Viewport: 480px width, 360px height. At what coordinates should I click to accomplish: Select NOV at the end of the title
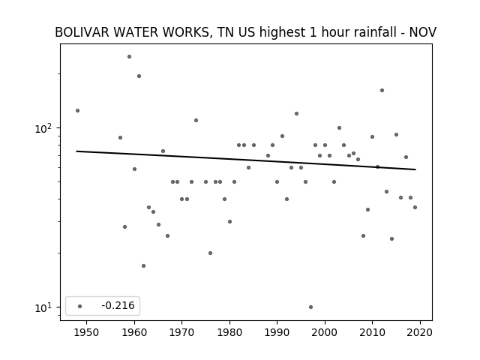[x=423, y=32]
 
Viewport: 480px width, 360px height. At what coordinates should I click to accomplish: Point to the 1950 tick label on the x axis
[x=87, y=332]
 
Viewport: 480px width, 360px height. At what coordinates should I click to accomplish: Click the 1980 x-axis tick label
[x=229, y=332]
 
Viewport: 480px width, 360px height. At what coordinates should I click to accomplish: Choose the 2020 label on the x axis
[x=420, y=332]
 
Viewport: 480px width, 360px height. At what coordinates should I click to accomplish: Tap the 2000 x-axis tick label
[x=325, y=332]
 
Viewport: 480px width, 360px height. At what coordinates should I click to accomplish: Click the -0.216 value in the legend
[x=118, y=305]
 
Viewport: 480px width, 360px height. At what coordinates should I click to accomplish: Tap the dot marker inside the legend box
[x=80, y=306]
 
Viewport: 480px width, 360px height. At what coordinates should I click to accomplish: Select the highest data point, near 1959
[x=130, y=57]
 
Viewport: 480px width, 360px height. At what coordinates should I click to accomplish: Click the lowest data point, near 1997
[x=311, y=307]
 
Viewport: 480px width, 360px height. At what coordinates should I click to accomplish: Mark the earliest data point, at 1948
[x=78, y=110]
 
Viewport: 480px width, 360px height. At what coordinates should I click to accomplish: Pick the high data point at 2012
[x=382, y=90]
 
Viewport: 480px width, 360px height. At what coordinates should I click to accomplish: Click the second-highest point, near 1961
[x=139, y=76]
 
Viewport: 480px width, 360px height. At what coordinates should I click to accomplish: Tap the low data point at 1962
[x=143, y=265]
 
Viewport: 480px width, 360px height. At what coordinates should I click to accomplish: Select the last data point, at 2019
[x=415, y=207]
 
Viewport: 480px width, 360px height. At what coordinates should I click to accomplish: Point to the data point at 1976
[x=210, y=253]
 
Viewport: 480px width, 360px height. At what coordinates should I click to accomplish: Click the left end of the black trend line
[x=76, y=151]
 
